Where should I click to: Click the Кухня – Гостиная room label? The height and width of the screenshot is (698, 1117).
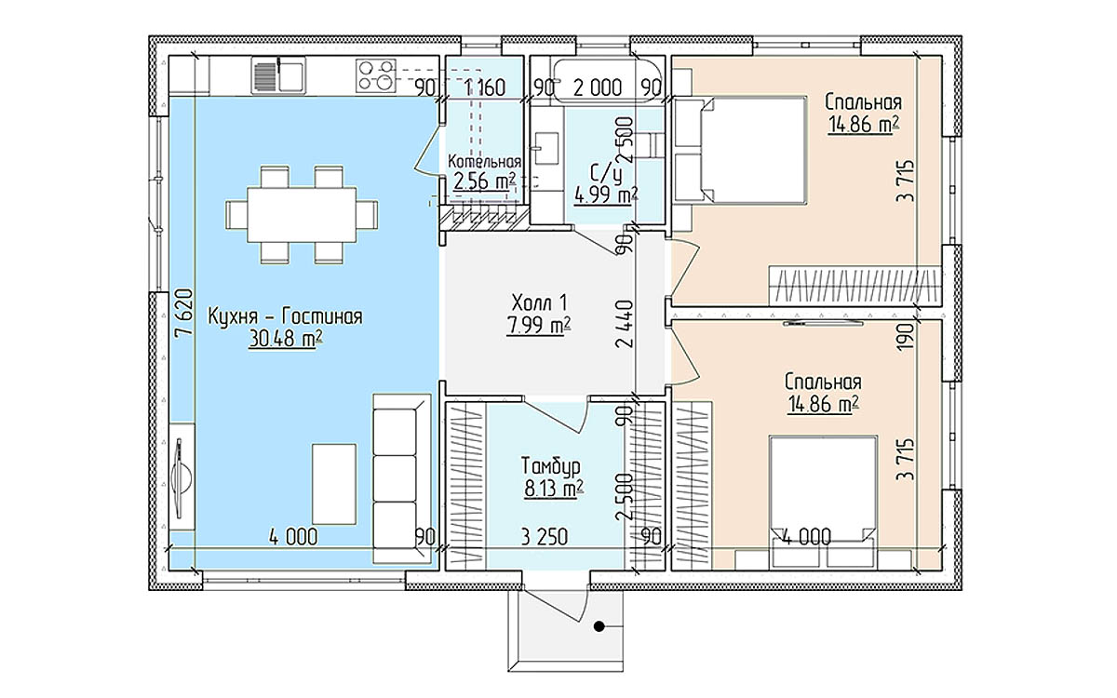(x=285, y=317)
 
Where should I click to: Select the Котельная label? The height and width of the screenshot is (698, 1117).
(x=484, y=162)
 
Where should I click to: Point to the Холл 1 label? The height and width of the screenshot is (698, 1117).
(x=539, y=302)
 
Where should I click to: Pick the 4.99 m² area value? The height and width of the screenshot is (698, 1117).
(x=606, y=195)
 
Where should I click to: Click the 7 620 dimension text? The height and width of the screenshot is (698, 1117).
(x=183, y=315)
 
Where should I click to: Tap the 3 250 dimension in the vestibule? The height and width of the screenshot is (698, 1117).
(x=544, y=537)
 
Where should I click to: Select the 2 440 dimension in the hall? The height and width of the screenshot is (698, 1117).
(x=625, y=323)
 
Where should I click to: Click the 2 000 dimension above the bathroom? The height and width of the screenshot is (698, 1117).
(x=598, y=88)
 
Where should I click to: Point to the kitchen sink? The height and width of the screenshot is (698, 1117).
(x=278, y=75)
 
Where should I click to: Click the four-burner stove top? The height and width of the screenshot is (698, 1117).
(x=376, y=75)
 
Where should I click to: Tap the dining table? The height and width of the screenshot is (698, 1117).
(x=302, y=214)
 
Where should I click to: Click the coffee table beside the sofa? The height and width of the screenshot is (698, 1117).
(x=334, y=484)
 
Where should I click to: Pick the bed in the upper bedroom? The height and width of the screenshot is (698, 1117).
(x=753, y=150)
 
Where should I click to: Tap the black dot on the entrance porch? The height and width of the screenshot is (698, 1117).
(x=599, y=626)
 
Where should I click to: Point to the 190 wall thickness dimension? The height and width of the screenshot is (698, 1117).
(x=906, y=337)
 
